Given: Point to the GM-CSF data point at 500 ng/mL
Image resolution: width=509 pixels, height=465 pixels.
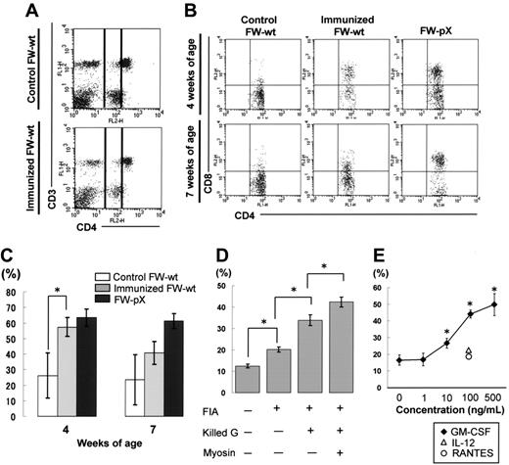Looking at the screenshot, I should coord(494,304).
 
